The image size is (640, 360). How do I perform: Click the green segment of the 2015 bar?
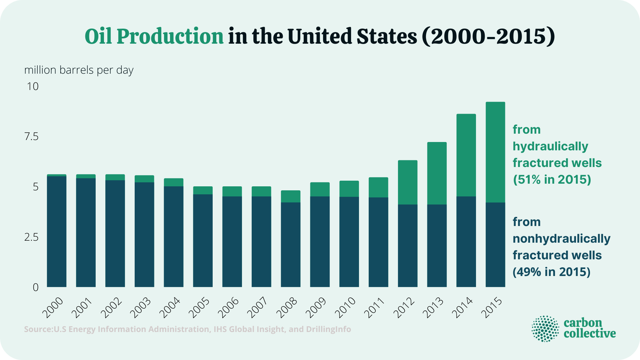click(495, 152)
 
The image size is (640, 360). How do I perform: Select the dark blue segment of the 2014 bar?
click(466, 242)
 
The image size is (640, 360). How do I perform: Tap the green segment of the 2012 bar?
click(408, 182)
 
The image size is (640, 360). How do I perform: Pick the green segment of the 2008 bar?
click(291, 196)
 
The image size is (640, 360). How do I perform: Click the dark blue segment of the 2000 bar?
click(57, 232)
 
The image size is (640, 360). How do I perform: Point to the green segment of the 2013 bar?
click(437, 173)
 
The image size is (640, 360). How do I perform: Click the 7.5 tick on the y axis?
click(31, 136)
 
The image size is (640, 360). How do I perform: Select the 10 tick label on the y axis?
click(33, 86)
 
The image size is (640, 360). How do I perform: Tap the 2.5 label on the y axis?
click(31, 237)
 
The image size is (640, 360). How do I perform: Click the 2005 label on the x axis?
click(199, 308)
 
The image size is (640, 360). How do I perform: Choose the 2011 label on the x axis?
click(374, 308)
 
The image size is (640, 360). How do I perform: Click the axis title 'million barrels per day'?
click(79, 70)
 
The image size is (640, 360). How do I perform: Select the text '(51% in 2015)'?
click(552, 180)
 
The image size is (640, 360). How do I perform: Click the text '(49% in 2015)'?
click(551, 272)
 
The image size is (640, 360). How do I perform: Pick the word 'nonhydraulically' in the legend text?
click(561, 239)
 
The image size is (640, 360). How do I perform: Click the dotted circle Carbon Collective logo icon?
click(545, 329)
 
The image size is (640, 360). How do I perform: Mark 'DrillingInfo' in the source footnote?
click(328, 329)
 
